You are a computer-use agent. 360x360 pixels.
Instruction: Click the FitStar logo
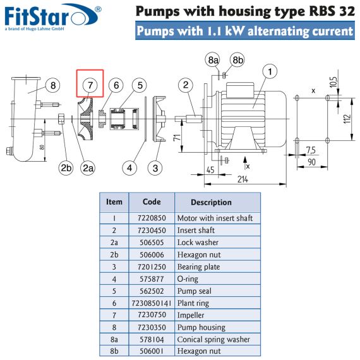[53, 17]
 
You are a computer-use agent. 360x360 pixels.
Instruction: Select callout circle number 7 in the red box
[90, 85]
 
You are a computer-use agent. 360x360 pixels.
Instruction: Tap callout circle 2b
[66, 168]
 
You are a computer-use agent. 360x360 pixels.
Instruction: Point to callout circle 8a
[212, 60]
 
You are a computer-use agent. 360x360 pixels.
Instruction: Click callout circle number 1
[270, 71]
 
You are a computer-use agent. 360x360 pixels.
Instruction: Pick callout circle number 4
[129, 168]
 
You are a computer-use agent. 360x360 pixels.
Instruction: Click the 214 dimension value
[243, 179]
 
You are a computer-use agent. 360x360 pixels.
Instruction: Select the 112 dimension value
[347, 119]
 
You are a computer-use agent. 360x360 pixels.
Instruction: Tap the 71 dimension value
[177, 138]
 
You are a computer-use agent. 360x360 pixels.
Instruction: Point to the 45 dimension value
[210, 170]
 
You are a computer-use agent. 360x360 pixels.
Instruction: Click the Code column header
[152, 202]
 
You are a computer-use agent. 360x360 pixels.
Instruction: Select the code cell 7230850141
[152, 303]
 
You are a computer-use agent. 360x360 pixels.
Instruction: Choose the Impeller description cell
[191, 315]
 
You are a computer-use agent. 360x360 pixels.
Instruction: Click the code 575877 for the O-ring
[152, 279]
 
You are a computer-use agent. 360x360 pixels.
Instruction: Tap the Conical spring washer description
[213, 340]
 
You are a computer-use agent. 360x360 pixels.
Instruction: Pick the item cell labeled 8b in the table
[114, 351]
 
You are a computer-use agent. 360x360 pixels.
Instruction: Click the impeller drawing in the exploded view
[85, 119]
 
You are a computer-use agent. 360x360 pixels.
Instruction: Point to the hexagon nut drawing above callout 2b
[61, 119]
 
